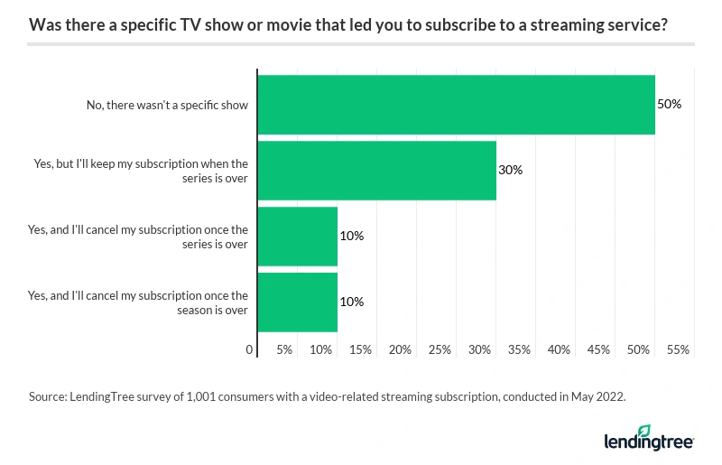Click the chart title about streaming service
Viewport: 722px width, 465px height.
tap(348, 25)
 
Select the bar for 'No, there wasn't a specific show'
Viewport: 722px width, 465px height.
tap(456, 105)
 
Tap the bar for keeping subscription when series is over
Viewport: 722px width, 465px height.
tap(376, 171)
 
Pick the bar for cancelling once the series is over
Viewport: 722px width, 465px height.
tap(298, 237)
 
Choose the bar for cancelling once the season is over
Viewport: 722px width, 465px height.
tap(298, 302)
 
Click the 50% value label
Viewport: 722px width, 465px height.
tap(669, 105)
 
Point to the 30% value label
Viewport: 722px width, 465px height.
tap(510, 171)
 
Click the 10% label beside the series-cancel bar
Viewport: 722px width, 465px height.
tap(351, 237)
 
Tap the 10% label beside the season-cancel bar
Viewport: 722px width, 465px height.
tap(351, 302)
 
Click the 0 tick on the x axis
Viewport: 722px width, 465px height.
tap(250, 349)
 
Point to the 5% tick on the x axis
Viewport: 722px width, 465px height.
tap(283, 349)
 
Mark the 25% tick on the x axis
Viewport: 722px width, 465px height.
tap(440, 349)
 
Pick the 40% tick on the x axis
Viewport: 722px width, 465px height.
tap(559, 349)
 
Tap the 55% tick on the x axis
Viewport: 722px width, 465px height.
tap(678, 349)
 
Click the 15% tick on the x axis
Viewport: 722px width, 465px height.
tap(360, 349)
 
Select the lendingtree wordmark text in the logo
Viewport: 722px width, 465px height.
tap(648, 442)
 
